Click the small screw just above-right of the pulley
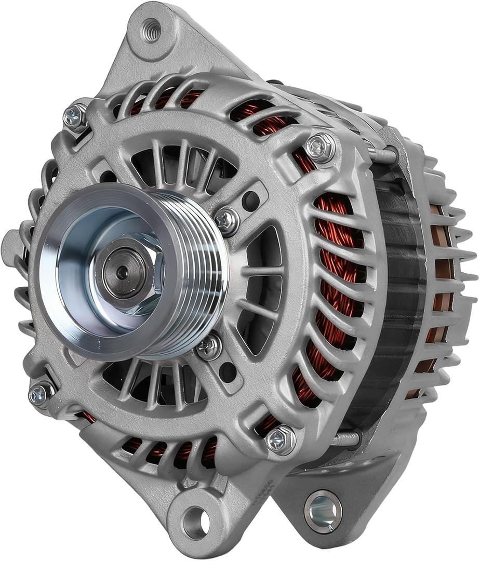pyautogui.click(x=226, y=220)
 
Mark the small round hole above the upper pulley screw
pyautogui.click(x=251, y=199)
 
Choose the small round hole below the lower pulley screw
pyautogui.click(x=227, y=371)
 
